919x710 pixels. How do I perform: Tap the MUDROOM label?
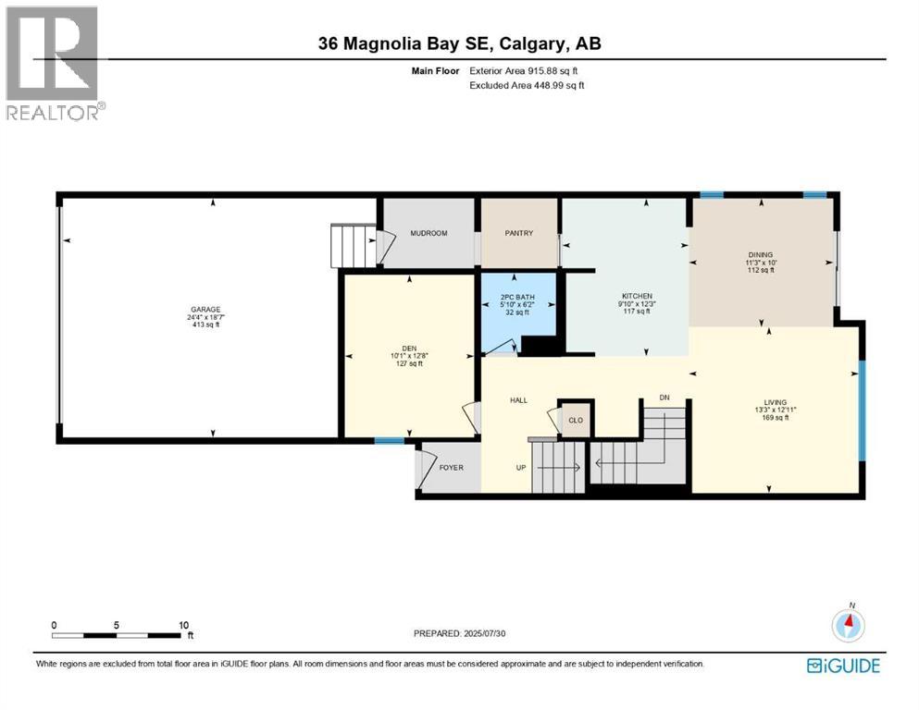click(428, 233)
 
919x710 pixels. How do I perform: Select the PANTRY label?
click(519, 233)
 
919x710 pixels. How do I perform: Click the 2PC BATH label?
click(518, 297)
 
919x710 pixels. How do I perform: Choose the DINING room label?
click(761, 254)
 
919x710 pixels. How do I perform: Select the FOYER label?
click(451, 467)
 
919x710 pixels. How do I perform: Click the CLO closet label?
click(575, 420)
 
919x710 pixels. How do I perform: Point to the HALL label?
click(518, 400)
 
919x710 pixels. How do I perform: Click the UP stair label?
click(521, 467)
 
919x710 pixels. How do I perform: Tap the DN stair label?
click(664, 398)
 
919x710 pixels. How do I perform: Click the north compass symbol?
click(849, 625)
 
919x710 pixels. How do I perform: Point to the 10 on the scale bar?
click(184, 625)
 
